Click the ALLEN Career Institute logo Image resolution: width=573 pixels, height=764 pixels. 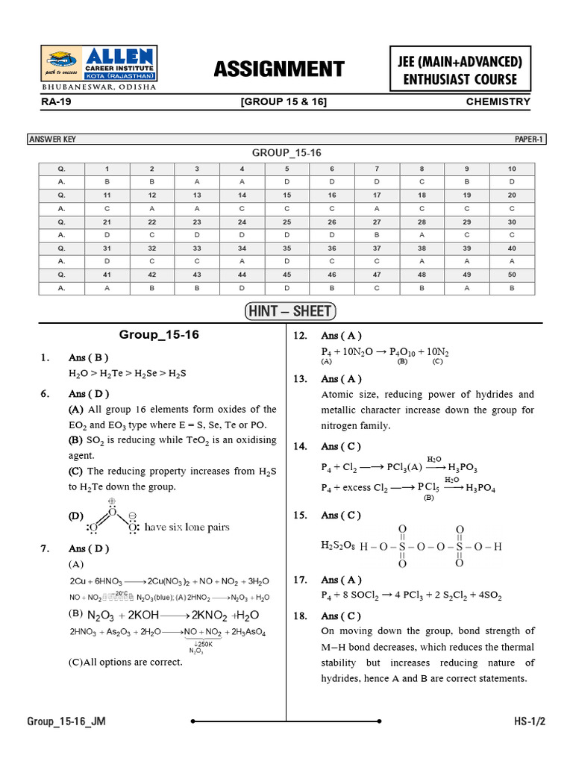tap(98, 65)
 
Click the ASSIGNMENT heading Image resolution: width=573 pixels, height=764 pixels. tap(279, 69)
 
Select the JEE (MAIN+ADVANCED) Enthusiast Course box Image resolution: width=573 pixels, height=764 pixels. tap(460, 69)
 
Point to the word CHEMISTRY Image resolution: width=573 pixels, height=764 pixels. tap(498, 101)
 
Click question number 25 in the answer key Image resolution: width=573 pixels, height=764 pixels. tap(286, 222)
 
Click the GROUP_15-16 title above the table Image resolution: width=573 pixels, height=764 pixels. tap(286, 152)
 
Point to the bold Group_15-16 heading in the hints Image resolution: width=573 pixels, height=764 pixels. tap(159, 335)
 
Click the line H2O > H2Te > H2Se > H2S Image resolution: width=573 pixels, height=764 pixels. tap(127, 373)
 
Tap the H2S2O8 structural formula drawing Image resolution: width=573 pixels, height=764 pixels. tap(412, 546)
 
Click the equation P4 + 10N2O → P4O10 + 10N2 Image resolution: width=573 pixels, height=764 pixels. tap(385, 351)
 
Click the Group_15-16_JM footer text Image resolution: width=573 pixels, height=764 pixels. tap(66, 721)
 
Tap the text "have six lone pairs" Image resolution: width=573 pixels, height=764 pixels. tap(187, 527)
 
